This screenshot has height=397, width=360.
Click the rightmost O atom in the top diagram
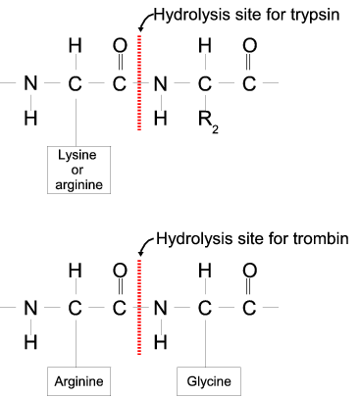(249, 45)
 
